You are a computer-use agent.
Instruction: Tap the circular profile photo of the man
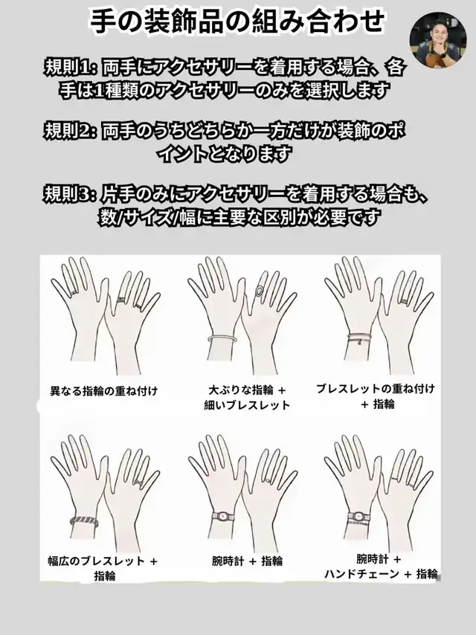[x=438, y=39]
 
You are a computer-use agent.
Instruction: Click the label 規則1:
[x=70, y=68]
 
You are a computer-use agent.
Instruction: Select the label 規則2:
[x=70, y=130]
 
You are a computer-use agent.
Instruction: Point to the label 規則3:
[x=70, y=193]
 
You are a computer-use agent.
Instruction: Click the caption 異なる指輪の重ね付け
[x=103, y=391]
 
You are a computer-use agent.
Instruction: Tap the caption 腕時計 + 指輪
[x=247, y=561]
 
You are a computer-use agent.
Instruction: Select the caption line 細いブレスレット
[x=247, y=405]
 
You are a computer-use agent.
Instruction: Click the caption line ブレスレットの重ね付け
[x=376, y=389]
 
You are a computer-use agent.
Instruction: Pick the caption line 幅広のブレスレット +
[x=103, y=561]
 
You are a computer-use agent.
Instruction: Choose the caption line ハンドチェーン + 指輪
[x=381, y=574]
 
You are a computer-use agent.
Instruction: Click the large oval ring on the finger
[x=260, y=291]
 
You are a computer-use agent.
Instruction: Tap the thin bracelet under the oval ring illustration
[x=221, y=338]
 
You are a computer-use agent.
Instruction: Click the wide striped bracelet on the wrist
[x=85, y=520]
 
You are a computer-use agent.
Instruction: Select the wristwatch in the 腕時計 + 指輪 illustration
[x=223, y=517]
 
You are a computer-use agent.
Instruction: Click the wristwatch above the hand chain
[x=358, y=516]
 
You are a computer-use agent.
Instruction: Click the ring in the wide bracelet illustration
[x=138, y=482]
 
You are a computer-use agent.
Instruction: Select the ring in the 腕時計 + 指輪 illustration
[x=269, y=480]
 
